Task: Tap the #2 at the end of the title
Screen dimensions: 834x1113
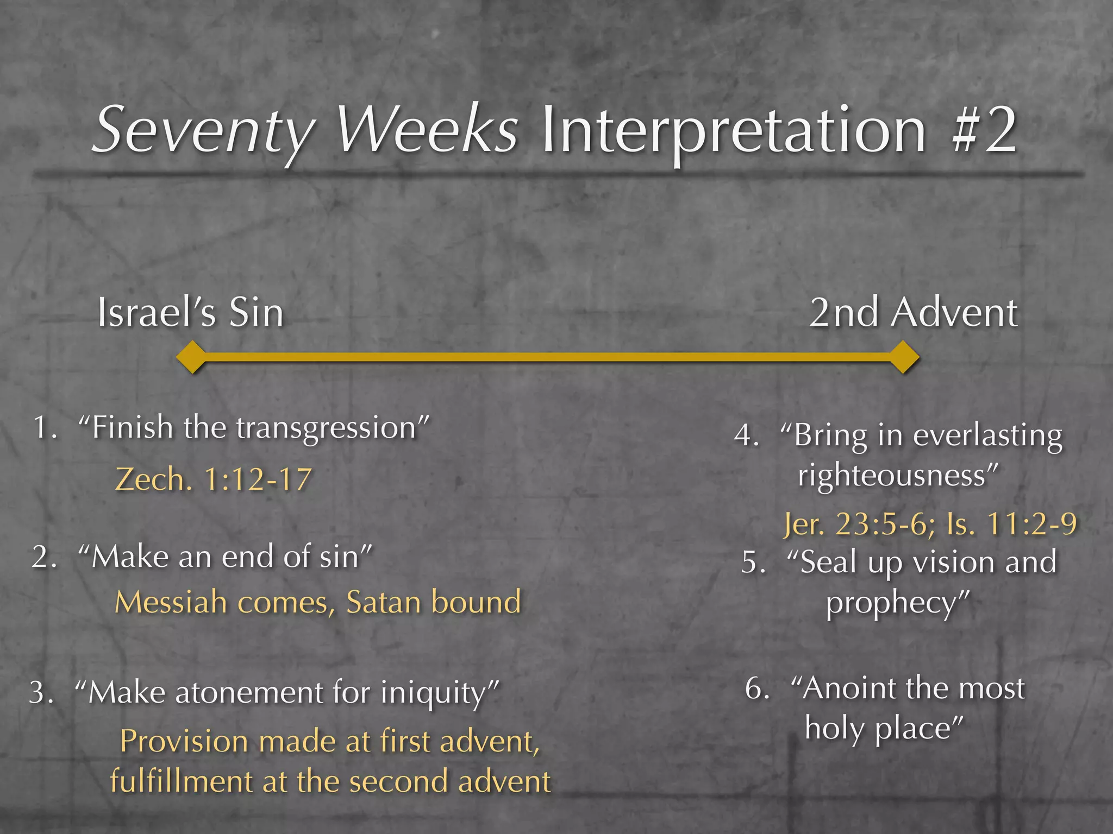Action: (x=984, y=130)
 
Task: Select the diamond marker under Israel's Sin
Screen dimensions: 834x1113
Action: (x=192, y=357)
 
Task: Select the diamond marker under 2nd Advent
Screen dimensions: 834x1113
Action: (x=904, y=357)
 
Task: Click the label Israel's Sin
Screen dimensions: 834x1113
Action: (x=190, y=313)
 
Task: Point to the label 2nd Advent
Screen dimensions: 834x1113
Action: (x=913, y=313)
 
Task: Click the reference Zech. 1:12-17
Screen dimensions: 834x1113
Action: (x=214, y=480)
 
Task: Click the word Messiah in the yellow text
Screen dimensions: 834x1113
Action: (x=171, y=603)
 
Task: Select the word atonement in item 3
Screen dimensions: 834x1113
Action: (x=251, y=693)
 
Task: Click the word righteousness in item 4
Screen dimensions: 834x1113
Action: (x=891, y=476)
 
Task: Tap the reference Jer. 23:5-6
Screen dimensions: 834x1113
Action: (x=859, y=525)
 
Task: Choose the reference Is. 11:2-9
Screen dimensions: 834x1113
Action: (x=1011, y=525)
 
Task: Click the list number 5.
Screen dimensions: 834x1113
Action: (x=753, y=563)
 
